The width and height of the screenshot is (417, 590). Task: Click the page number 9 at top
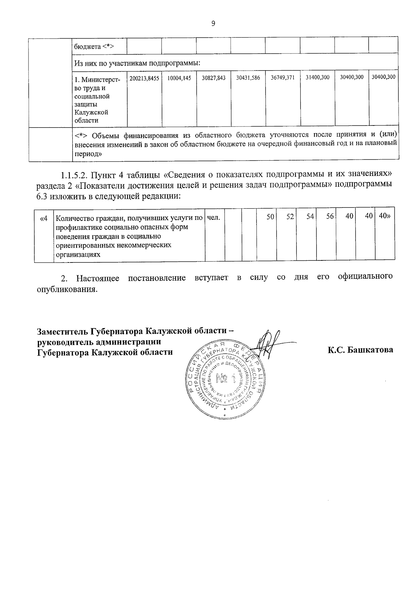(x=213, y=24)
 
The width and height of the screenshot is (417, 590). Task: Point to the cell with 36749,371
(x=283, y=78)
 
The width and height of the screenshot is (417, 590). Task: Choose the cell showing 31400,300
(x=317, y=78)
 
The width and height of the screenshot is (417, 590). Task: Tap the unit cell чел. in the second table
(x=214, y=217)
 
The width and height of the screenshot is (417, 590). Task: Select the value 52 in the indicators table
(x=290, y=217)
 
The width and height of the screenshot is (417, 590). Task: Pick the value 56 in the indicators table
(x=330, y=217)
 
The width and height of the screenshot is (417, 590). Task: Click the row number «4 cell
(x=44, y=218)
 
